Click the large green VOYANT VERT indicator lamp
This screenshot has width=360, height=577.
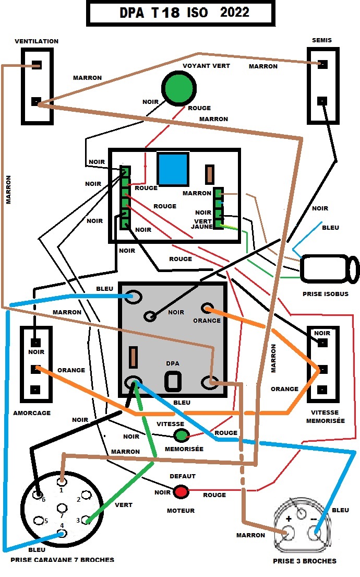[x=179, y=89]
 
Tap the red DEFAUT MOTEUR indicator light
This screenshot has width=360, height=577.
[x=181, y=492]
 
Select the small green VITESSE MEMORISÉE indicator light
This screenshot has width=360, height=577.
[x=181, y=435]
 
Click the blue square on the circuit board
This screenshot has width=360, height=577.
[x=173, y=169]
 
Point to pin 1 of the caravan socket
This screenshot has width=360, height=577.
[x=62, y=481]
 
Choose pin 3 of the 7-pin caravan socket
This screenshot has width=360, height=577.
[x=86, y=520]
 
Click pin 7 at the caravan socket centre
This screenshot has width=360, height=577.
[x=62, y=508]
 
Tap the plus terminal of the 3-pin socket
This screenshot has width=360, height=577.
[x=287, y=533]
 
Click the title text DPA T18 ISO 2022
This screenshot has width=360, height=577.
[x=184, y=13]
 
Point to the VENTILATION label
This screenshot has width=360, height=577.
[x=37, y=41]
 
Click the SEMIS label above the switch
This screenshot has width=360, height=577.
[x=322, y=40]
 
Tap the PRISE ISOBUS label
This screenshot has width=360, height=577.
[x=326, y=294]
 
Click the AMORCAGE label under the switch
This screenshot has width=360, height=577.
[x=32, y=413]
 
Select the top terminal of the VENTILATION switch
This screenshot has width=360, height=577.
[x=37, y=65]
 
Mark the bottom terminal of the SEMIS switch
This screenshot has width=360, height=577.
[x=322, y=101]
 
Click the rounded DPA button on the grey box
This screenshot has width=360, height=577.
[x=173, y=381]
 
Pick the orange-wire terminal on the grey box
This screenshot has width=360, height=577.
[x=208, y=308]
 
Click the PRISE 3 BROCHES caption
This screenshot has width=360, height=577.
[x=305, y=561]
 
